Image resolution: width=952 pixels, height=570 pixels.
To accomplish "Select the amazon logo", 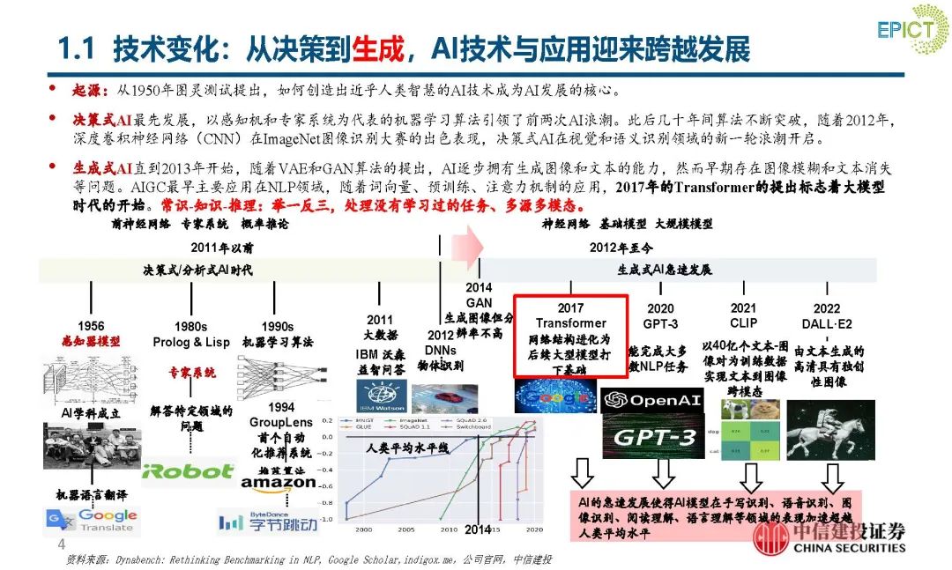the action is point(278,483).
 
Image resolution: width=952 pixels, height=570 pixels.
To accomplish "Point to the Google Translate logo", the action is point(92,521).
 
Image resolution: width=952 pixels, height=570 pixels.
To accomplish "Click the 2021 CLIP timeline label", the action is point(743,315).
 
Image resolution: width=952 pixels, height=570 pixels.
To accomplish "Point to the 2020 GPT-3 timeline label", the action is point(660,316).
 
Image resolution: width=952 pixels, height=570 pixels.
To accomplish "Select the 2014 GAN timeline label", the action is point(479,295).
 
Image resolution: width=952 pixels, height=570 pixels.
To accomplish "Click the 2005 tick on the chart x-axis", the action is point(405,529).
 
